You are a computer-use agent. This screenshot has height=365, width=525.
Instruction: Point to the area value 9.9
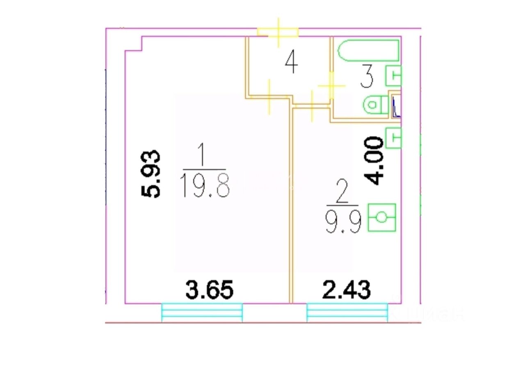point(344,222)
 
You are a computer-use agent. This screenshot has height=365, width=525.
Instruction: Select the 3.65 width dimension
point(209,290)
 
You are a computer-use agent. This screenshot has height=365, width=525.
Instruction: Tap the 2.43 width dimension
point(347,290)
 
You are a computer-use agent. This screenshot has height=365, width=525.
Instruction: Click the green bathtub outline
point(368,50)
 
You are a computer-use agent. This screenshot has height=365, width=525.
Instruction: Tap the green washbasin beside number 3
point(393,76)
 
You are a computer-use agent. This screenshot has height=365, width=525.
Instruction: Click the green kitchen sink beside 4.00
point(393,137)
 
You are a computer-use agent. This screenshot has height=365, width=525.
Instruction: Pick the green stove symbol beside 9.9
point(382,217)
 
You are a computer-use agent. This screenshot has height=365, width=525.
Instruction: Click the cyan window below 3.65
point(202,313)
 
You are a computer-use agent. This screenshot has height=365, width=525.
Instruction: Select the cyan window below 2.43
point(347,313)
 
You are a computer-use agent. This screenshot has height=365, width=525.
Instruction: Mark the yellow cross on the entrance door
point(278,32)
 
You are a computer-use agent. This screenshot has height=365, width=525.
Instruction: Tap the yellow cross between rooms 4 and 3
point(331,86)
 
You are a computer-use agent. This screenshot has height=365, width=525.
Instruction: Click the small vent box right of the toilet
point(396,106)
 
